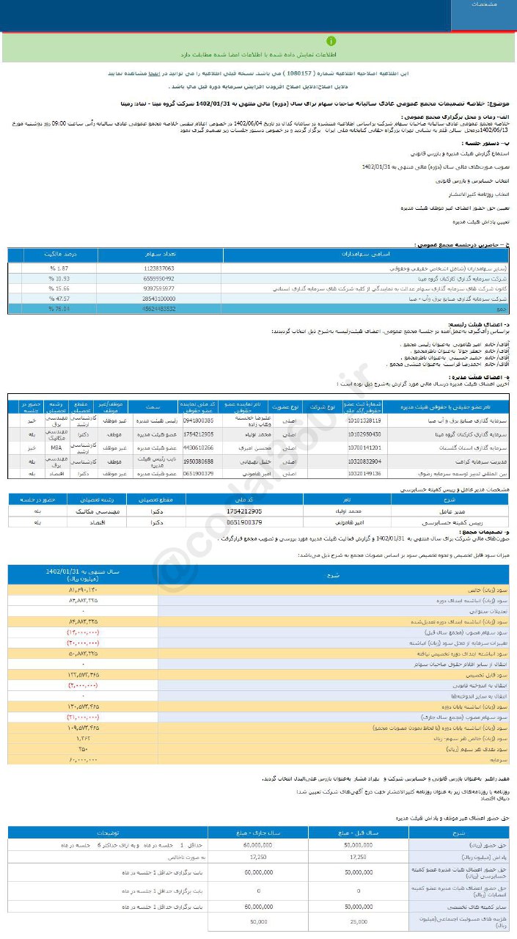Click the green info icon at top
332,42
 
